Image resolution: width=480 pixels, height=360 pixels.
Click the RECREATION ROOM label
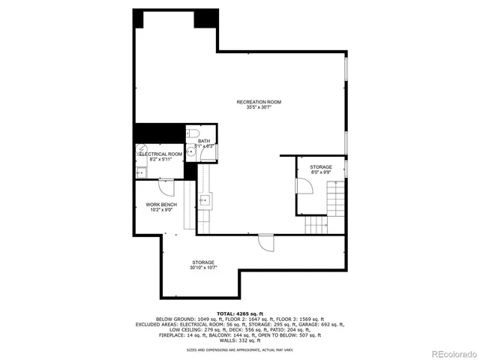pos(259,102)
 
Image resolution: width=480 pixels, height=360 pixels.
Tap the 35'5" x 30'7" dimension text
pos(259,108)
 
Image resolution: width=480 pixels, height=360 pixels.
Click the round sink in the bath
pos(191,152)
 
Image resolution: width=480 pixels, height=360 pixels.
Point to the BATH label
pos(204,141)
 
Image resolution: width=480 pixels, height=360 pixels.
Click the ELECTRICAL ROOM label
pos(160,154)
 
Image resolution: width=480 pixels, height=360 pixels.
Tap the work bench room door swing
pos(166,187)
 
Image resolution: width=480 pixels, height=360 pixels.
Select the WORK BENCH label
pos(161,205)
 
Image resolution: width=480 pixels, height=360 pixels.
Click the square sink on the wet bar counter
pos(205,199)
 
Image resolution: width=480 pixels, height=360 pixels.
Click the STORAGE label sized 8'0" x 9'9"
pos(321,166)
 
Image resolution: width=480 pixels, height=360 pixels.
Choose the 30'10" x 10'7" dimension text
pos(202,268)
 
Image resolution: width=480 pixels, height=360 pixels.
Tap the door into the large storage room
pos(265,243)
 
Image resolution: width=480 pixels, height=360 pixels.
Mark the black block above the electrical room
pos(159,133)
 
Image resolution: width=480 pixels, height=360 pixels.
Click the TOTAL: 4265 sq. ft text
pos(240,313)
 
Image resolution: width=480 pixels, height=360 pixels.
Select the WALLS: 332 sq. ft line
pos(240,340)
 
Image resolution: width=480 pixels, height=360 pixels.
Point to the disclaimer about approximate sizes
pos(240,349)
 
